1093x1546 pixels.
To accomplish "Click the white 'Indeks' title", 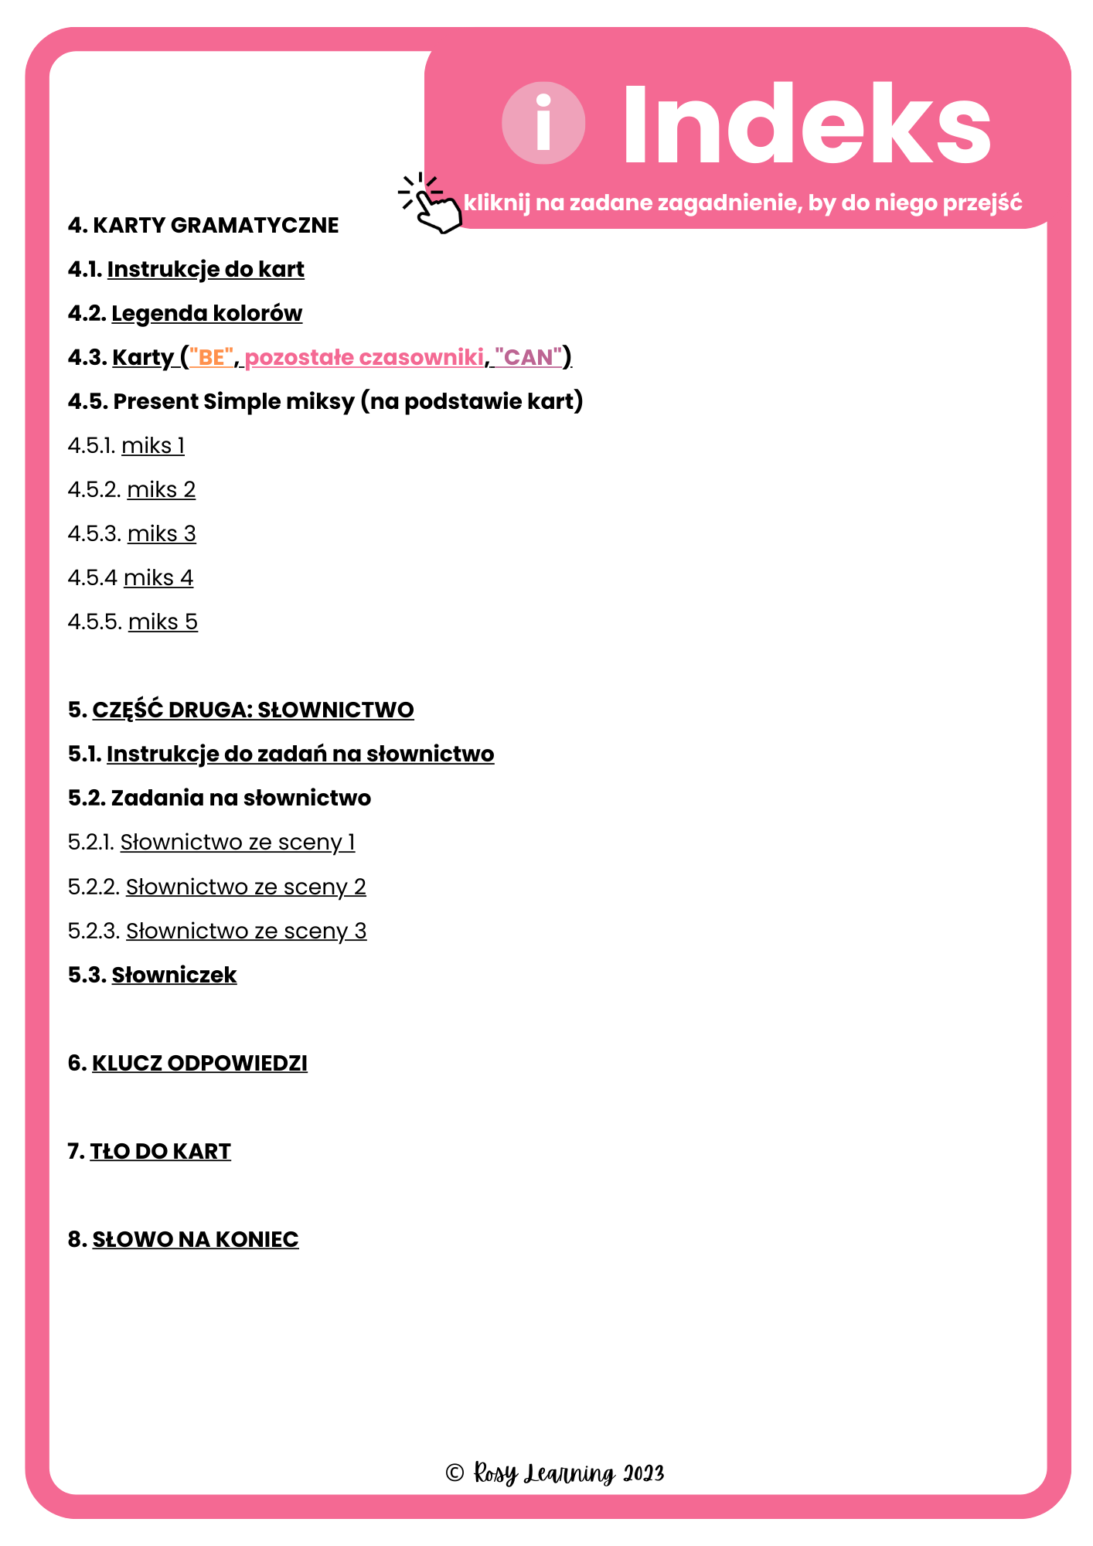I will (805, 125).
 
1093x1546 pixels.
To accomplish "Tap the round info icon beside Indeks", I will (543, 124).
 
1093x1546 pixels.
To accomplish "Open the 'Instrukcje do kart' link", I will (206, 269).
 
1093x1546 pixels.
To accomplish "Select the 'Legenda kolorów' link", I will (206, 313).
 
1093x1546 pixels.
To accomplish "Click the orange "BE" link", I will (211, 357).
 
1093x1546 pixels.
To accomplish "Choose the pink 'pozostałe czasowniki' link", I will (364, 357).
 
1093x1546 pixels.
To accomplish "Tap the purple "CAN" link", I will (529, 357).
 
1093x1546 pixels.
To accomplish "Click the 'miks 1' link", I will (153, 445).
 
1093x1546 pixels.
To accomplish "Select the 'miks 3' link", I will (162, 533).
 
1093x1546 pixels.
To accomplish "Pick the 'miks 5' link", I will (163, 621).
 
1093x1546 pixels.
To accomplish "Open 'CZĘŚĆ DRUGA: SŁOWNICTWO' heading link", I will (253, 710).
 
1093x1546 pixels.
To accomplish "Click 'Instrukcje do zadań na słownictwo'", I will (300, 754).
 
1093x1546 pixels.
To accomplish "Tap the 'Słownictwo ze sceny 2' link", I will (246, 887).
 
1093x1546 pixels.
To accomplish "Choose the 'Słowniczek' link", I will (174, 975).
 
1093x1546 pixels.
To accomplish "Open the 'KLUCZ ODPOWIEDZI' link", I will (199, 1063).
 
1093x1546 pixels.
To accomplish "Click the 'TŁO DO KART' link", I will (160, 1151).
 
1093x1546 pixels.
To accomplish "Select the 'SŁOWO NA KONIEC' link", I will (196, 1239).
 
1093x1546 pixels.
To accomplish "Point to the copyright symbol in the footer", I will (455, 1473).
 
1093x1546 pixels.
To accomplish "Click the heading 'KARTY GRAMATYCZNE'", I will (215, 225).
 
